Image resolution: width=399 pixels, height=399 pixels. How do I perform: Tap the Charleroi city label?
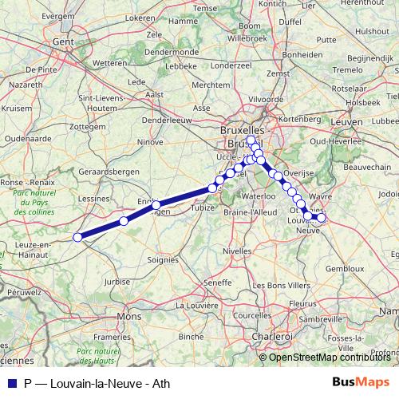[271, 337]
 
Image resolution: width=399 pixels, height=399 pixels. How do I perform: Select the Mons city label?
[127, 316]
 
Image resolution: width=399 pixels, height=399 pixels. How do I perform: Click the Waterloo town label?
[258, 196]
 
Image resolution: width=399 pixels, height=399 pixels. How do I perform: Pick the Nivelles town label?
[237, 250]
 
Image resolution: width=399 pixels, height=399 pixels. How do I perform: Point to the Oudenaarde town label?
[26, 137]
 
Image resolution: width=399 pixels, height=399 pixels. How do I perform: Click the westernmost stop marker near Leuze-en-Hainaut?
[78, 237]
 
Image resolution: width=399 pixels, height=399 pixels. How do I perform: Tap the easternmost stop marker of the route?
[322, 218]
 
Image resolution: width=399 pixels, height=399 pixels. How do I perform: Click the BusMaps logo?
[360, 381]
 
